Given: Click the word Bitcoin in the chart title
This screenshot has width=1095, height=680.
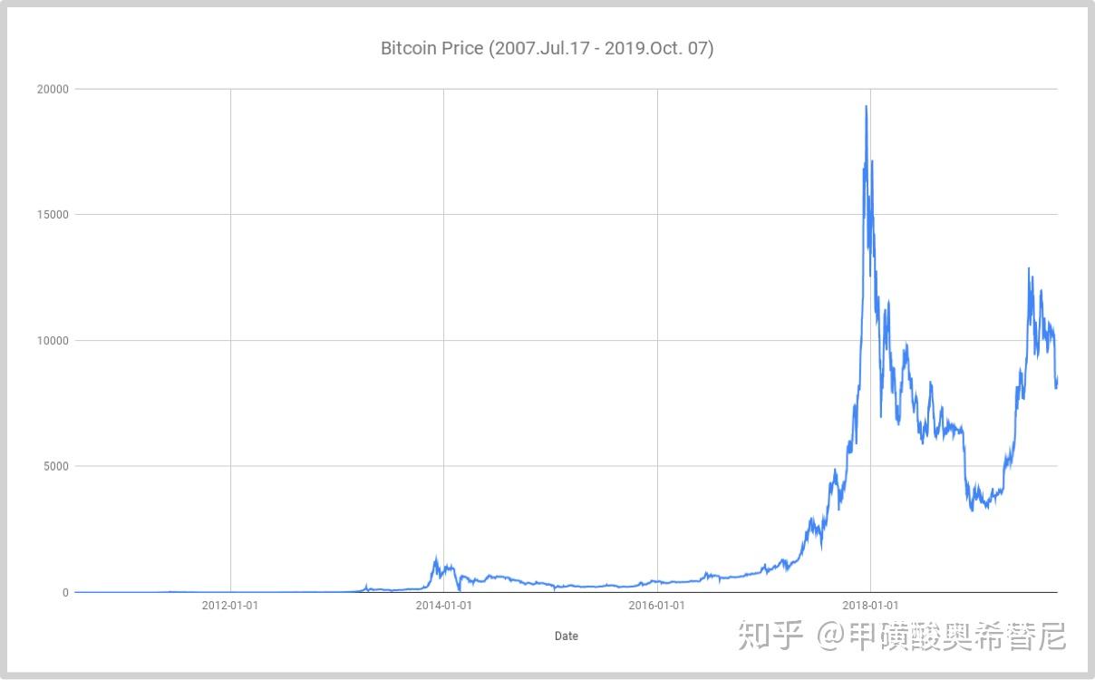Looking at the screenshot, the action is pos(408,48).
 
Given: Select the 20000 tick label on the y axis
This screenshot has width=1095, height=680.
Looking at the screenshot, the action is pos(53,89).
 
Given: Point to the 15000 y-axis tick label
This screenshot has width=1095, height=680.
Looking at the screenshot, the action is pos(53,215).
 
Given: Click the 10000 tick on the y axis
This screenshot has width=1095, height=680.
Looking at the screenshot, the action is pos(53,341).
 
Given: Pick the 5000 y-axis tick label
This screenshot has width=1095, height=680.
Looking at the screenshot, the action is pos(55,466).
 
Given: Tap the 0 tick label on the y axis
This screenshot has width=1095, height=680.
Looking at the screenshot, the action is pos(65,592).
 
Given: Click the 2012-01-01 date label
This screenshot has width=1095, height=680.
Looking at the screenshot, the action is pos(229,606).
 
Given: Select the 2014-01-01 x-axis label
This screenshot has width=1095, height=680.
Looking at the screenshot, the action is pos(443,606).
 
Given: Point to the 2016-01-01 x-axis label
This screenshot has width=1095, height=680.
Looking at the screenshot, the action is pos(656,606).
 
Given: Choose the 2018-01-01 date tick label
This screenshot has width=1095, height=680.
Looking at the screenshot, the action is pos(870,606).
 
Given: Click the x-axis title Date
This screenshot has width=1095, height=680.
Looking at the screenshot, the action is pos(566,636).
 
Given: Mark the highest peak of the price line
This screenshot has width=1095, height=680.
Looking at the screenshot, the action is pos(867,106).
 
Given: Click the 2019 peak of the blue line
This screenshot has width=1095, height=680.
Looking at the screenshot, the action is pos(1029,268).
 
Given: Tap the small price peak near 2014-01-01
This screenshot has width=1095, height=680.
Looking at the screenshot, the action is pos(436,558).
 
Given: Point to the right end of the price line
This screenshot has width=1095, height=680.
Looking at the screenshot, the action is pos(1057,380).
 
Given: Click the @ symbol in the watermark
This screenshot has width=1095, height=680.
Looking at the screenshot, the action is pos(830,635).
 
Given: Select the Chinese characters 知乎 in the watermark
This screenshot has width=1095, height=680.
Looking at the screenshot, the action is pos(770,635).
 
